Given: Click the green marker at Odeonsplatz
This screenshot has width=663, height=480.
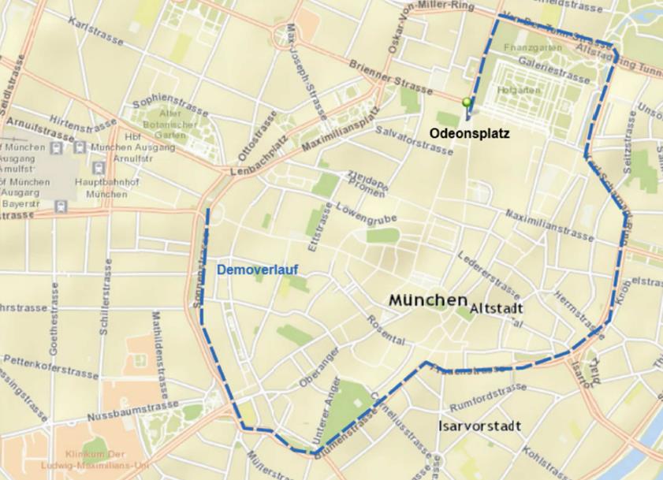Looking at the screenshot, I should pos(467,102).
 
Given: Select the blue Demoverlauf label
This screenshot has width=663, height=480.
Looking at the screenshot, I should pos(258,270).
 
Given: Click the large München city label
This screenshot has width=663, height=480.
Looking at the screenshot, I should pos(427,300).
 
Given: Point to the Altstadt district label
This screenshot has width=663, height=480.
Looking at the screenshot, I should pos(497,310).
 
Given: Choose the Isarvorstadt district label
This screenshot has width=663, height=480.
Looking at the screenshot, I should pos(479,426).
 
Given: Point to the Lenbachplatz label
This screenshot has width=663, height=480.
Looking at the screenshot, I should pos(255,160).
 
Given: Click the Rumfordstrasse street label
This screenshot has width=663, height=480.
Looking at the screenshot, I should pos(487,397).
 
